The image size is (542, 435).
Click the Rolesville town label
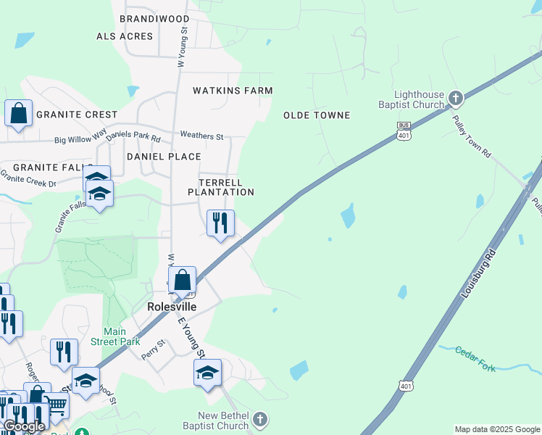point(172,307)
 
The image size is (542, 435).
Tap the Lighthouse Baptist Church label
point(419,99)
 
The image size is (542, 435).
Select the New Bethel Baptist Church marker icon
point(260,419)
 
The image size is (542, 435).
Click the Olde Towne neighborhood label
point(317,115)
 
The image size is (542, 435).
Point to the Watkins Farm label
point(233,91)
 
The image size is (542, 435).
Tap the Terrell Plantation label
point(221,187)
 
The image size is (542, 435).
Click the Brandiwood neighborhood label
point(154,19)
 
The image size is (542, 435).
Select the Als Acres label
point(125,36)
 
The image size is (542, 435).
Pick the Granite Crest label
point(77,115)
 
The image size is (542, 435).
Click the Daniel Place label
point(164,157)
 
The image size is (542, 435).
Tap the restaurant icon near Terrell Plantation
point(220,221)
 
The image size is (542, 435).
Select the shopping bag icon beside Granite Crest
point(19,113)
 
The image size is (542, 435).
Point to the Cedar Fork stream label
point(475,360)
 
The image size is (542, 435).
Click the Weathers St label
point(201,136)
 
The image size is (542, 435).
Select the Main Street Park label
point(115,336)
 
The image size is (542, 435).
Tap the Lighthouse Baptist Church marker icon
point(456,97)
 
